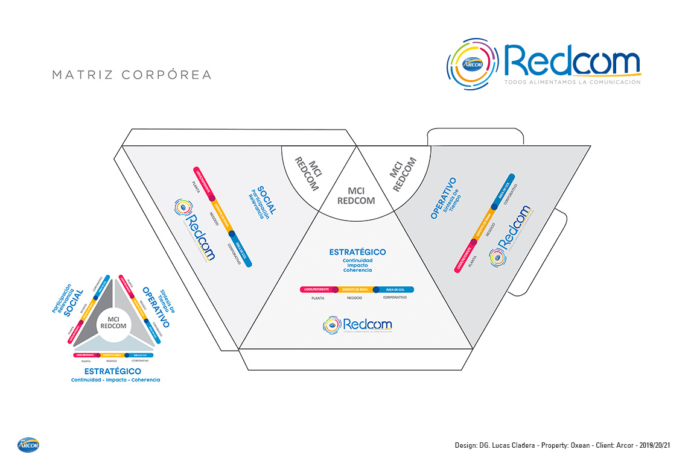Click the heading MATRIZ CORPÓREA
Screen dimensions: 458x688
pos(132,75)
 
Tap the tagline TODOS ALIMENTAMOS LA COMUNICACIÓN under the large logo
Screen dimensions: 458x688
pos(572,82)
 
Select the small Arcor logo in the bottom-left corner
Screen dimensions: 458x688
pos(28,445)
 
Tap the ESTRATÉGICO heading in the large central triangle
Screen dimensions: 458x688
pos(357,252)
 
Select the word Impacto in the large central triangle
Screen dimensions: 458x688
pos(357,265)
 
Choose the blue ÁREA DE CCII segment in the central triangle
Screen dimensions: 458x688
pos(395,289)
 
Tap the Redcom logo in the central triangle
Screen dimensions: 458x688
pos(357,325)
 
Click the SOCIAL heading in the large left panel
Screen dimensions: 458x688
pos(266,200)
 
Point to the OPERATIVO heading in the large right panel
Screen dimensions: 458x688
pos(444,198)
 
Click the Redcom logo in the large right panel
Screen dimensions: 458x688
pos(511,236)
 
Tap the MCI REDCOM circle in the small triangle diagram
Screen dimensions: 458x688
pos(113,322)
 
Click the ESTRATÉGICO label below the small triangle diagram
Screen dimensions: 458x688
pos(113,371)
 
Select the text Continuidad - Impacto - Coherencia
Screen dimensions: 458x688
pos(115,380)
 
